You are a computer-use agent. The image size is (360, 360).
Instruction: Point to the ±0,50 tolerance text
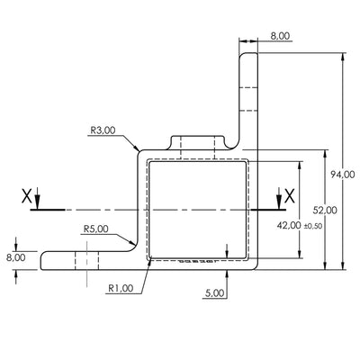[312, 226]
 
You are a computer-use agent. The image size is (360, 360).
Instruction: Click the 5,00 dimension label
[215, 293]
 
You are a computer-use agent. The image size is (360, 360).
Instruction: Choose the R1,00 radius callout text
[121, 290]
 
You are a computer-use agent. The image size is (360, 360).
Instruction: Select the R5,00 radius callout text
[95, 229]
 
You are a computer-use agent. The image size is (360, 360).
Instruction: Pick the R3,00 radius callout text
[103, 130]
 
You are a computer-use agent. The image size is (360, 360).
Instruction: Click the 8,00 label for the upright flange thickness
[280, 36]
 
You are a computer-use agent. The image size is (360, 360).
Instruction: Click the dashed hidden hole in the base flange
[87, 261]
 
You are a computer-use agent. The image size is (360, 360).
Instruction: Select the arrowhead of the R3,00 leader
[136, 149]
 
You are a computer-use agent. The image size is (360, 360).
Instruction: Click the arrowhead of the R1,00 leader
[148, 263]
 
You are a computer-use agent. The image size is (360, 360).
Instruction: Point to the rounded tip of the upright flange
[249, 56]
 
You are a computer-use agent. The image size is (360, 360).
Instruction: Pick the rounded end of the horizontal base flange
[45, 261]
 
